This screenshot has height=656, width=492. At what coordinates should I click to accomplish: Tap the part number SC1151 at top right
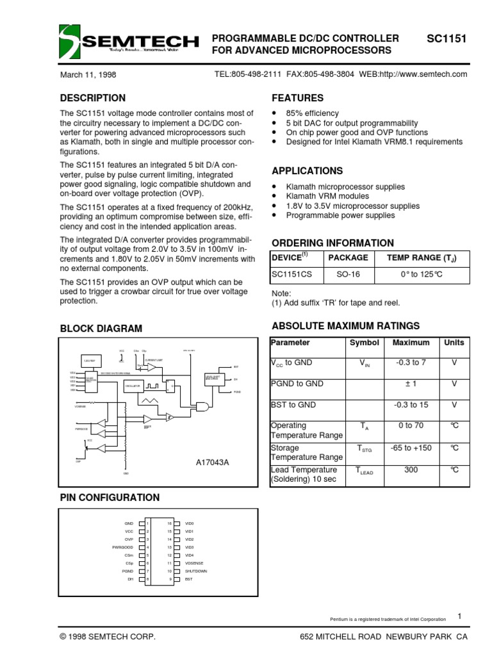(x=447, y=38)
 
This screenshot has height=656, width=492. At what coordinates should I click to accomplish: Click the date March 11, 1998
(x=88, y=74)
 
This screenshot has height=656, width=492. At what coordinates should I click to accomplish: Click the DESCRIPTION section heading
(x=92, y=98)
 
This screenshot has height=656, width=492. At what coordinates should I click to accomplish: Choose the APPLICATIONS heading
(x=307, y=171)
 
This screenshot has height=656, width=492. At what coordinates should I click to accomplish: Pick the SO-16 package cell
(x=348, y=274)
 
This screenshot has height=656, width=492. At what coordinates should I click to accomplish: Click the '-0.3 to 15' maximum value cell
(x=411, y=405)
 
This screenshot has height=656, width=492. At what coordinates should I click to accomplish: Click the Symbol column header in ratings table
(x=364, y=343)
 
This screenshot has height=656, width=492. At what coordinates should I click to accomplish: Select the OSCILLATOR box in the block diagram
(x=132, y=386)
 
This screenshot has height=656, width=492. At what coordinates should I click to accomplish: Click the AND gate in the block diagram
(x=202, y=406)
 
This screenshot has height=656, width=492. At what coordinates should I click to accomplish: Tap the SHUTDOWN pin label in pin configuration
(x=196, y=571)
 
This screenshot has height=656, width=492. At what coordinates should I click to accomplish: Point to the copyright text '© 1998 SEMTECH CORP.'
(x=108, y=638)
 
